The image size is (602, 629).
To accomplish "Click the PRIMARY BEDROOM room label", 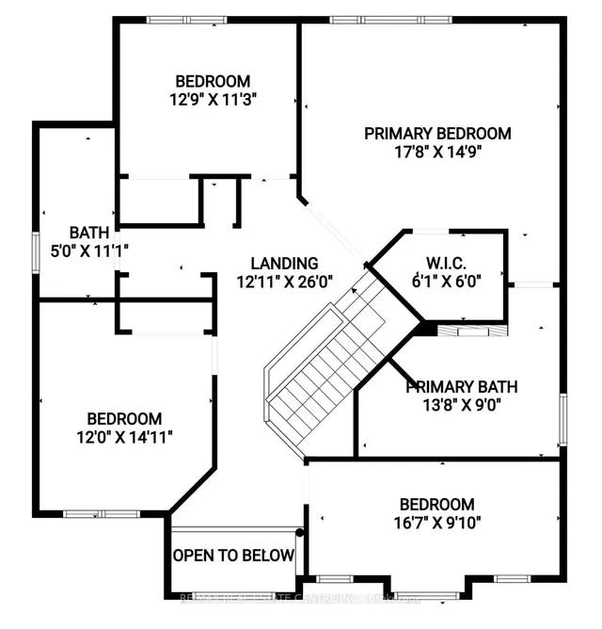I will click(437, 134).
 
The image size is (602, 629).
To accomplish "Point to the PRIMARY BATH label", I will click(462, 387).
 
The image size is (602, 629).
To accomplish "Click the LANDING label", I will click(283, 264).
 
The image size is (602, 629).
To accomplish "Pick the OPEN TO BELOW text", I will click(234, 556).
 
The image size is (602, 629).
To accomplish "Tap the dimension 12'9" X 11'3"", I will click(213, 97).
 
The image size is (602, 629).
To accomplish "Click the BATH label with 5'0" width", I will click(89, 233).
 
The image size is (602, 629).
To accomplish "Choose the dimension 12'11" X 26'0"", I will click(283, 281).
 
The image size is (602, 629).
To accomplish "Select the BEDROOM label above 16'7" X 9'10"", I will click(436, 505).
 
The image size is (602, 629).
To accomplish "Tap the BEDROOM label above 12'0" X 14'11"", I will click(124, 419).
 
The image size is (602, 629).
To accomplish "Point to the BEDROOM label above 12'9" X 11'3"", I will click(213, 80).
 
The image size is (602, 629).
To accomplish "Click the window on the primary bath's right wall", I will click(562, 417).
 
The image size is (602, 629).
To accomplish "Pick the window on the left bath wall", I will click(36, 252).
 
